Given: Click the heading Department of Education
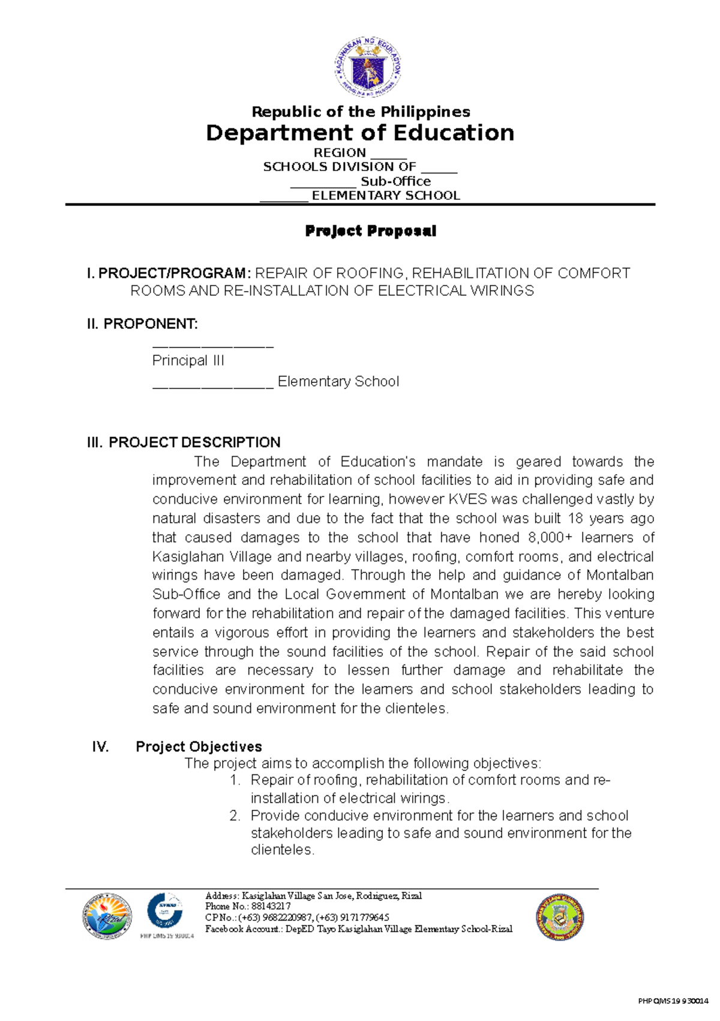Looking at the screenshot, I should [360, 133].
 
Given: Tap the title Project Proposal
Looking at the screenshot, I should [370, 231].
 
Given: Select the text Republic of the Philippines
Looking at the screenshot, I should [361, 112].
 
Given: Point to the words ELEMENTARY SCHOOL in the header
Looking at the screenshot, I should [386, 196].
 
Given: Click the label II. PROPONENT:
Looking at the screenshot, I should [142, 324].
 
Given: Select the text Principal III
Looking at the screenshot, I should [188, 361].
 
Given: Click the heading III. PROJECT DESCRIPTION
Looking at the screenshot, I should [184, 442].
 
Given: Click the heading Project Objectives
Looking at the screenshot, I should [199, 747].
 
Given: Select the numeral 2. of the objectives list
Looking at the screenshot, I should [235, 816].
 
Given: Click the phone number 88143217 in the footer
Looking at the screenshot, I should [271, 906].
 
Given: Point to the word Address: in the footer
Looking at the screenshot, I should [222, 896].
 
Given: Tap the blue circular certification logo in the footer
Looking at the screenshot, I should [165, 911].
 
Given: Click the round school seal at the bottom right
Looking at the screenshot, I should [560, 917].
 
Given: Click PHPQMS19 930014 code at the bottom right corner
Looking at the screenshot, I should [673, 1001].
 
